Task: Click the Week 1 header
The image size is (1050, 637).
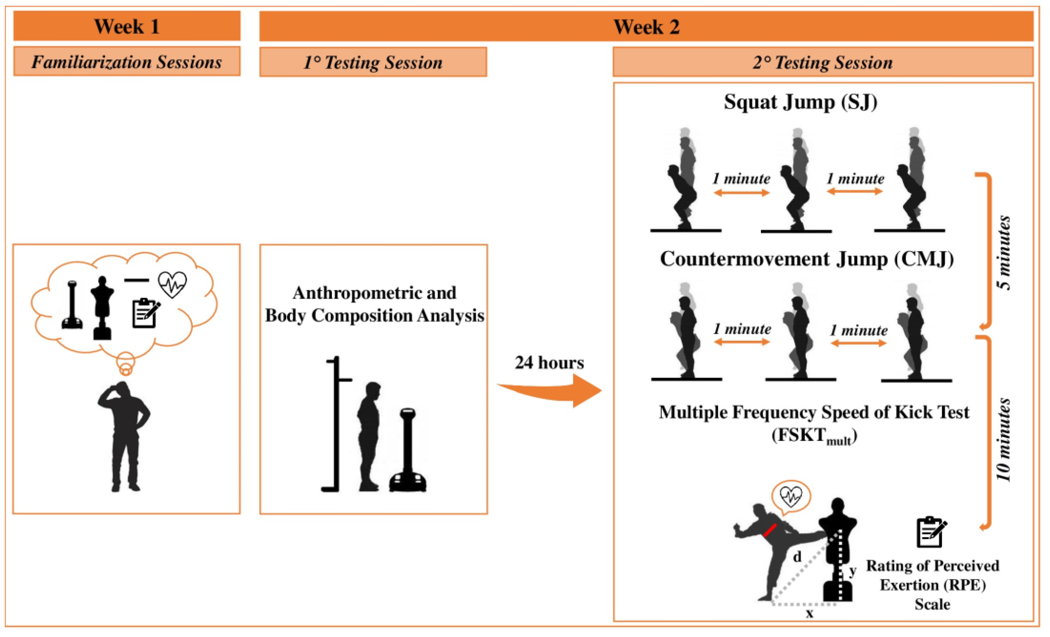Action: click(x=127, y=26)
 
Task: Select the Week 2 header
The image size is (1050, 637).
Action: click(x=646, y=27)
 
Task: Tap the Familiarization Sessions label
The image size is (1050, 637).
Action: click(x=127, y=62)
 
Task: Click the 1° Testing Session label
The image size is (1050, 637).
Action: click(x=373, y=63)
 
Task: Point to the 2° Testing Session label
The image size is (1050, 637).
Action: click(x=822, y=63)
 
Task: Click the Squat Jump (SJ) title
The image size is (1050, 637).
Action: click(x=800, y=102)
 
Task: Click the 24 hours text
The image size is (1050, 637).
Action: click(x=549, y=363)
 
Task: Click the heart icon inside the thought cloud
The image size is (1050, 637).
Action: click(x=172, y=284)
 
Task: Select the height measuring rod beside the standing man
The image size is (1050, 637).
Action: click(x=337, y=424)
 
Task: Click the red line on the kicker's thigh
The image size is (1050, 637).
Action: click(x=769, y=530)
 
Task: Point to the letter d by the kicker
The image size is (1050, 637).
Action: click(x=797, y=556)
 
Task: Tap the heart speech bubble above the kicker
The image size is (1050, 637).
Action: click(x=791, y=496)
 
